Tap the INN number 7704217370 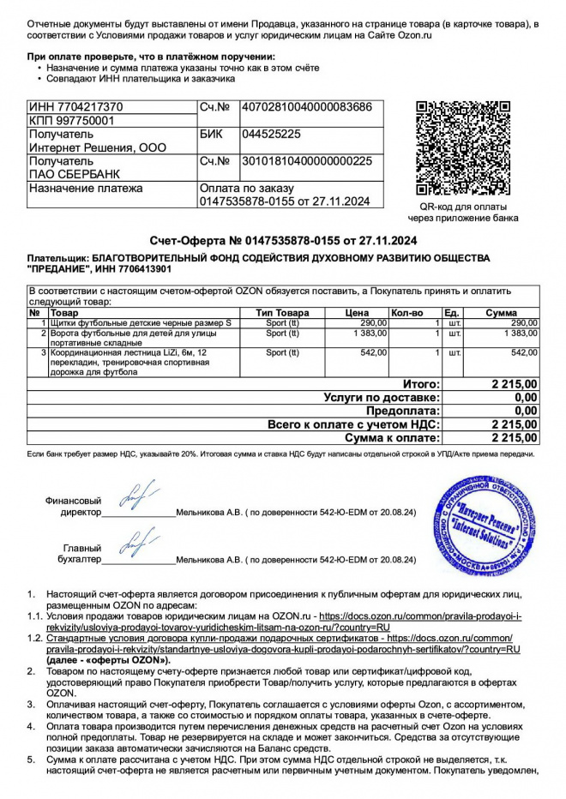[x=75, y=107]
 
